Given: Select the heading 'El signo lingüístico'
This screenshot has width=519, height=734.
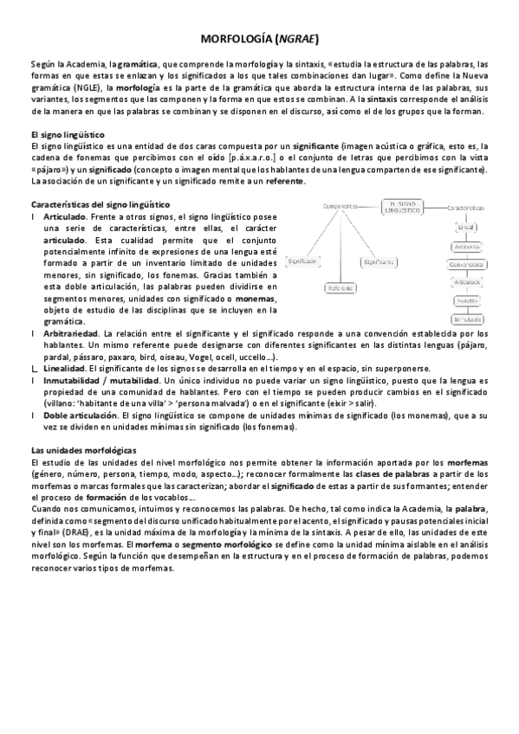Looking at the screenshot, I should click(67, 135).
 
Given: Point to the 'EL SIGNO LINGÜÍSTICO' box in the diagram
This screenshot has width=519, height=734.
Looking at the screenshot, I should click(403, 208).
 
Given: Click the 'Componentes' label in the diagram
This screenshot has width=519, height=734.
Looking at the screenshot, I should click(341, 206).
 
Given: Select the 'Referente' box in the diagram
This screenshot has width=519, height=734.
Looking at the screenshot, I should click(342, 287).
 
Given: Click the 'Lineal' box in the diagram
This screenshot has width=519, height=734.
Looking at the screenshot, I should click(466, 227).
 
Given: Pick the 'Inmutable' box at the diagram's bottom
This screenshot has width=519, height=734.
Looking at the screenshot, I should click(466, 319).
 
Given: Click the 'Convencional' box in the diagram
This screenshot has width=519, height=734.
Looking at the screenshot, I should click(466, 263).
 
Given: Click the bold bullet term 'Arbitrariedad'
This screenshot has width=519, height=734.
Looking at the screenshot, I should click(68, 333).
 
